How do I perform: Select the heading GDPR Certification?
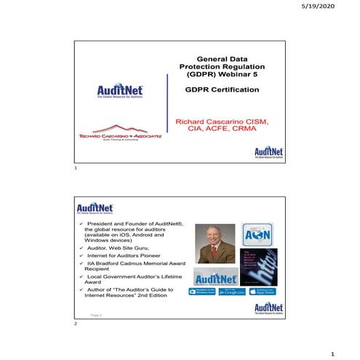[x=222, y=90]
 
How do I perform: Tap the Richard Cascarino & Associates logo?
[x=119, y=136]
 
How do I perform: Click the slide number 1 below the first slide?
[x=76, y=168]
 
